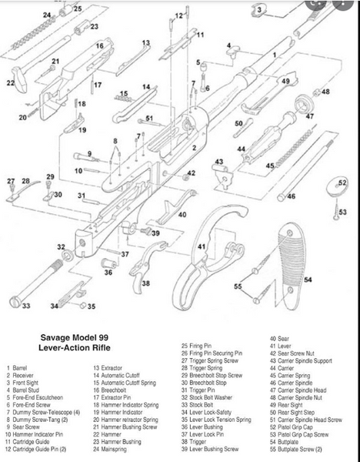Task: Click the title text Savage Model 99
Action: (80, 336)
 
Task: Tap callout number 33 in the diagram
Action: (26, 306)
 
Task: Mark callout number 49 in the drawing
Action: (285, 81)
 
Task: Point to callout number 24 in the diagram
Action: (47, 15)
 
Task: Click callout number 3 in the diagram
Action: (260, 10)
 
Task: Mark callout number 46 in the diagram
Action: (291, 198)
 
